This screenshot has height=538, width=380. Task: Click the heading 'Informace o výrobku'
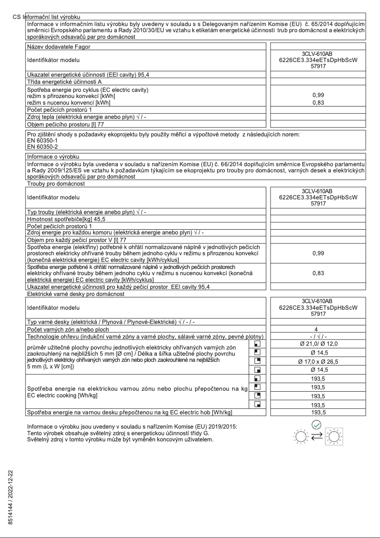[56, 155]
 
